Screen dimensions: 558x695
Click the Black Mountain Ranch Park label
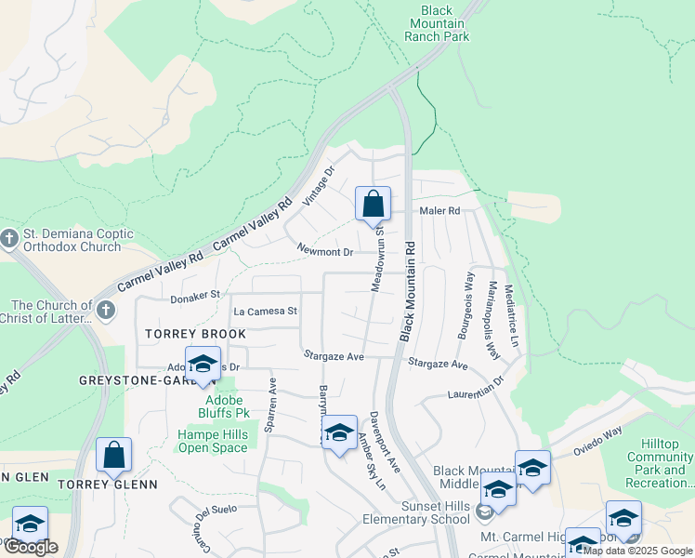point(437,23)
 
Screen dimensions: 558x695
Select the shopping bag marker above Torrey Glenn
point(113,456)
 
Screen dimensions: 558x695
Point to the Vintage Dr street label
point(318,186)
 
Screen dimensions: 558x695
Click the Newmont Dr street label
point(325,252)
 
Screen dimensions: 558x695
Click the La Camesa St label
point(265,312)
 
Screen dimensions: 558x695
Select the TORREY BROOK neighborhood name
point(195,334)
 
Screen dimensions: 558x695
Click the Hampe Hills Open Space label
point(213,441)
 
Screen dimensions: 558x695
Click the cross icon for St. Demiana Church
point(10,238)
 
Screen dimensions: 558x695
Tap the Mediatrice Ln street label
point(510,316)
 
